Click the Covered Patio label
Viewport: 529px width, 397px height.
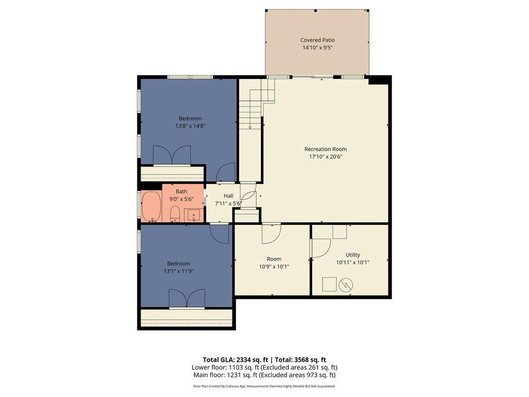click(318, 40)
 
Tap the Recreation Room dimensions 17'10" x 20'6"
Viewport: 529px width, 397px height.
click(325, 157)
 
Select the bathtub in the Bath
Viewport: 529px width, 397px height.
click(151, 207)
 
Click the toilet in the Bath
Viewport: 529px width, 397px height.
click(175, 214)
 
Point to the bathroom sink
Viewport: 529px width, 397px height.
click(194, 216)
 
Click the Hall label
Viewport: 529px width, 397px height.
click(228, 196)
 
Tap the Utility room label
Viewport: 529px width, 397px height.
click(352, 255)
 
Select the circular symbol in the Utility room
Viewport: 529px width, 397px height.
click(346, 285)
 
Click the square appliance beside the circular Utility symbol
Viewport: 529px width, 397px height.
click(329, 284)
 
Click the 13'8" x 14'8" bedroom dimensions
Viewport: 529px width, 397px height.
click(190, 126)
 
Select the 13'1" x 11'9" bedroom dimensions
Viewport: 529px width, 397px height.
click(179, 271)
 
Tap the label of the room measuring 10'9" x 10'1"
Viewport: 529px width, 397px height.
click(274, 259)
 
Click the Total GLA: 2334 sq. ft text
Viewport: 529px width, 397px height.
click(235, 360)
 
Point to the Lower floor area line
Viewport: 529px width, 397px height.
click(264, 368)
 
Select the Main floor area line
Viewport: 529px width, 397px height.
click(264, 375)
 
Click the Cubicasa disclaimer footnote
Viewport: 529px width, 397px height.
click(264, 386)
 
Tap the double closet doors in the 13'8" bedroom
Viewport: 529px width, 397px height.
click(172, 155)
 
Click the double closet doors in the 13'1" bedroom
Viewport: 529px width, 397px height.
click(186, 299)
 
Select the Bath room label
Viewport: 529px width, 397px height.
click(181, 191)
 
